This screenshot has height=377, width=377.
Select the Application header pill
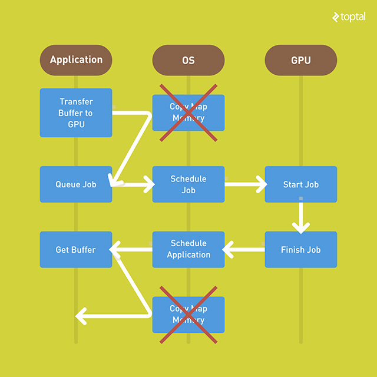[76, 60]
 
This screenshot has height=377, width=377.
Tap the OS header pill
[188, 60]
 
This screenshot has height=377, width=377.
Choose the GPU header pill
[301, 60]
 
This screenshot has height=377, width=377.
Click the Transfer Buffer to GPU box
[76, 113]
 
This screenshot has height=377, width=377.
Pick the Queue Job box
[76, 184]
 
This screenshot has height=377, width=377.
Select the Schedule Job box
[188, 184]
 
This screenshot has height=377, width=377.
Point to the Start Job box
[301, 184]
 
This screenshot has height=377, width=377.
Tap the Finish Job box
[301, 250]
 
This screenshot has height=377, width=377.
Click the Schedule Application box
[188, 249]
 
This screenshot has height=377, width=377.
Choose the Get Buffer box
[76, 250]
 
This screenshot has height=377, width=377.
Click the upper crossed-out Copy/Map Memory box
[188, 113]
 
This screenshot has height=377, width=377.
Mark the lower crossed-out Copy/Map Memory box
[188, 315]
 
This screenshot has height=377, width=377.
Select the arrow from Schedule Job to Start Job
[245, 184]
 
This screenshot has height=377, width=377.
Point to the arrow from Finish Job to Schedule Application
[244, 250]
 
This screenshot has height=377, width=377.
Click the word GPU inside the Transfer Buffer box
[76, 124]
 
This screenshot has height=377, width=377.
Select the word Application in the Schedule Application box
[188, 255]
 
